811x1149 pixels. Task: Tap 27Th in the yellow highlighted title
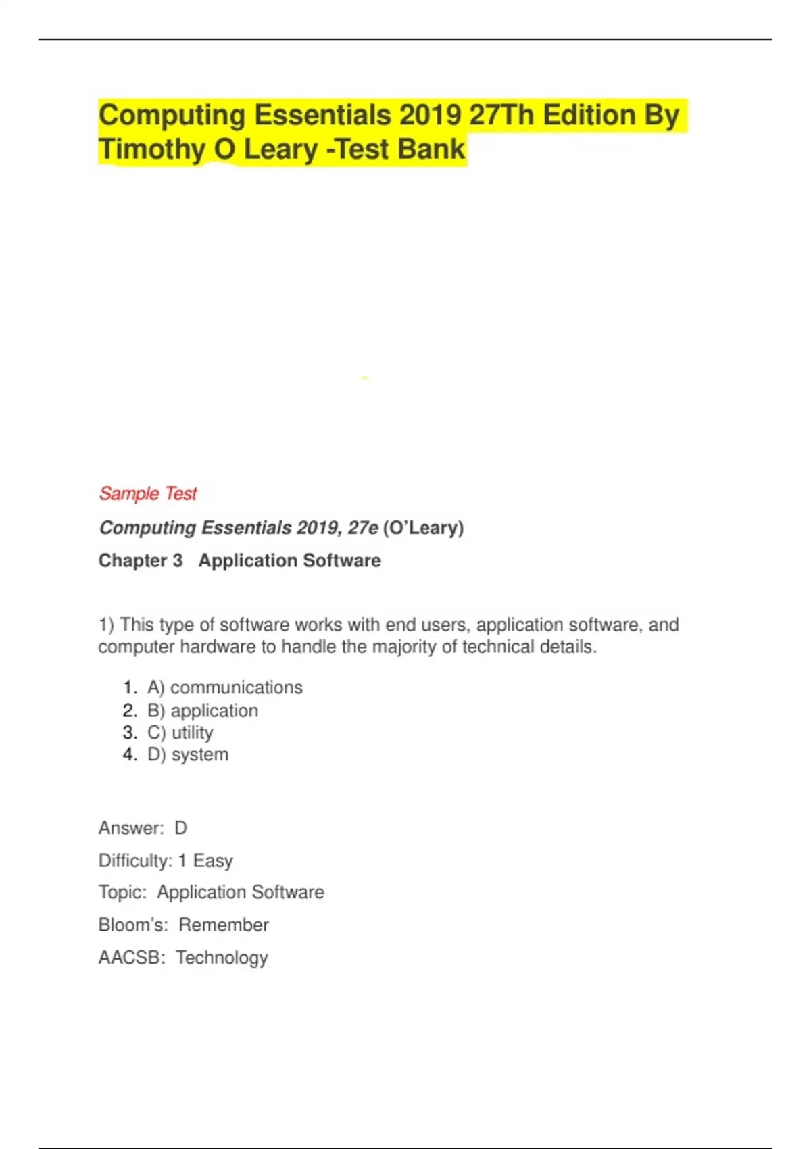point(501,116)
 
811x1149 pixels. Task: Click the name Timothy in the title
point(151,149)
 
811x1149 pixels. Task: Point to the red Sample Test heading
point(148,494)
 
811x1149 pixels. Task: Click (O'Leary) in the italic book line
point(423,528)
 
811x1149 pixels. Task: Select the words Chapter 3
point(141,561)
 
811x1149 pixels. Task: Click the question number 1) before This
point(106,625)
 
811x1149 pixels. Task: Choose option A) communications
point(224,688)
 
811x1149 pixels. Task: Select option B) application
point(202,711)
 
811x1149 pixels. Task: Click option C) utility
point(180,733)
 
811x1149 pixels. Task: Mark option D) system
point(187,755)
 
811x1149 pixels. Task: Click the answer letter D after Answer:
point(180,828)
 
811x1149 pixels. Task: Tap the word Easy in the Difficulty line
point(213,861)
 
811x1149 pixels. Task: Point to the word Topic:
point(122,893)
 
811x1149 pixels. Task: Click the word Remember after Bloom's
point(224,925)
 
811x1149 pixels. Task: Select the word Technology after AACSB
point(222,958)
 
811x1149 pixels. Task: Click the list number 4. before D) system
point(130,755)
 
